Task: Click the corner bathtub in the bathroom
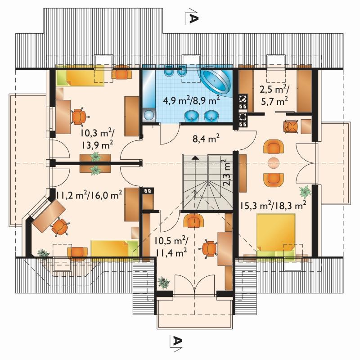(x=216, y=81)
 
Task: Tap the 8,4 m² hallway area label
(x=206, y=139)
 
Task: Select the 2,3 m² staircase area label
(x=227, y=172)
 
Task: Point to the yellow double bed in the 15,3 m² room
(x=276, y=235)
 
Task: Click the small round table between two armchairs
(x=274, y=163)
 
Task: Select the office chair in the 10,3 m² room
(x=79, y=117)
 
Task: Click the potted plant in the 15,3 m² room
(x=305, y=192)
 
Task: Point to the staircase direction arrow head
(x=195, y=157)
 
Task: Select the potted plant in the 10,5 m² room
(x=164, y=283)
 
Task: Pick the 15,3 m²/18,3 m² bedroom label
(x=273, y=205)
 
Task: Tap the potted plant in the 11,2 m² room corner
(x=43, y=253)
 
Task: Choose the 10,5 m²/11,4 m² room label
(x=171, y=247)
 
